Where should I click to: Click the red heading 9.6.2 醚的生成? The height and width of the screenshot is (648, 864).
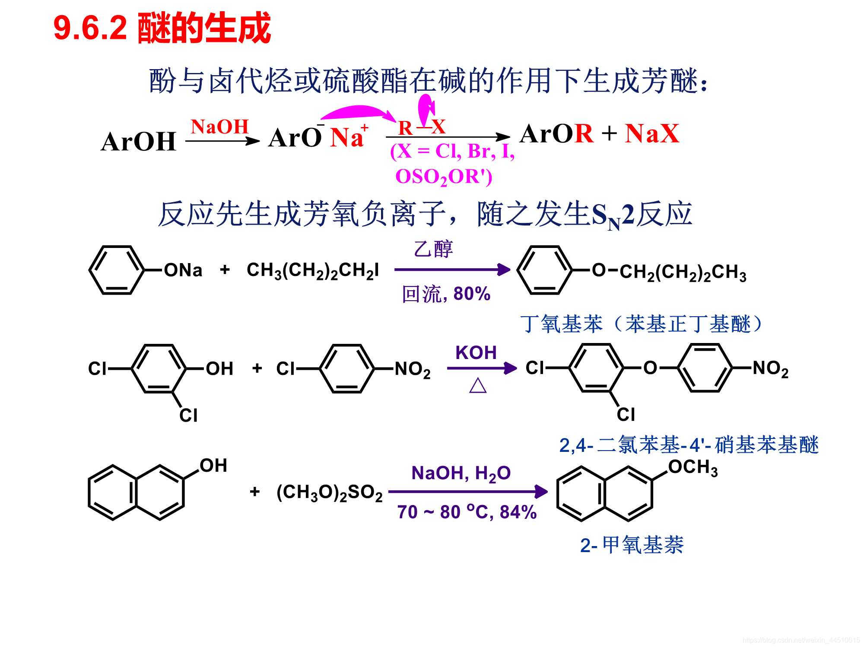pos(162,29)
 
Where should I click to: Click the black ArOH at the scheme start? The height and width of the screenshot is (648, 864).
pos(138,142)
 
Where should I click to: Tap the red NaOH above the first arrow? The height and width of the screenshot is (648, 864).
pos(220,127)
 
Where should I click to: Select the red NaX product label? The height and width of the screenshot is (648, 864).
pos(652,133)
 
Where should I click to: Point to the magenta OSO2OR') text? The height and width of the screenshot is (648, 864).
pos(444,177)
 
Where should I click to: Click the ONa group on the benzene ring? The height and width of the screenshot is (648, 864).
pos(183,270)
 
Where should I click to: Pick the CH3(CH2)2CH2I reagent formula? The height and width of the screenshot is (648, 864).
pos(312,271)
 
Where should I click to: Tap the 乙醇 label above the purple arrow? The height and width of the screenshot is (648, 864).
pos(433,249)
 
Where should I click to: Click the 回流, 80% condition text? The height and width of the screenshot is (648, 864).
pos(446,294)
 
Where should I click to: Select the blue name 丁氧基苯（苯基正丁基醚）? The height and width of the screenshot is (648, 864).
pos(642,324)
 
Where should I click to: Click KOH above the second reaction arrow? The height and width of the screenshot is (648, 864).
pos(476,353)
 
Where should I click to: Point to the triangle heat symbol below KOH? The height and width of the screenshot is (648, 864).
pos(478,385)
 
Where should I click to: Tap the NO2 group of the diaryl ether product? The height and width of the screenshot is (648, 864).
pos(770,369)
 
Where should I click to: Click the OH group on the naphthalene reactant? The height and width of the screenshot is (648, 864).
pos(213,466)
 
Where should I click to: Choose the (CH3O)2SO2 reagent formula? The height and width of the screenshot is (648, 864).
pos(329,492)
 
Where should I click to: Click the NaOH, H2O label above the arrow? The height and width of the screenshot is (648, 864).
pos(461,473)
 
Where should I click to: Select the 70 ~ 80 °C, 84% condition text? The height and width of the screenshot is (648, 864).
pos(467,512)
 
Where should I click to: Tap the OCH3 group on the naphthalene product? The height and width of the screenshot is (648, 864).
pos(692,468)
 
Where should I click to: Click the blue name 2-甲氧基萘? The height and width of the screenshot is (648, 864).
pos(632,545)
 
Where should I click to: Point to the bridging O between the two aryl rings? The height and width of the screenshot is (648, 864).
pos(650,368)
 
